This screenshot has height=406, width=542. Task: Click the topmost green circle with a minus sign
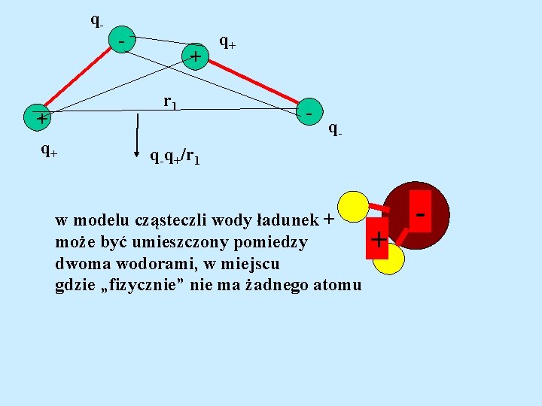[122, 41]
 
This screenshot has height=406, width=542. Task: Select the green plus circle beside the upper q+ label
[196, 56]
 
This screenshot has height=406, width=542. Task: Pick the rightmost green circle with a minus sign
[309, 111]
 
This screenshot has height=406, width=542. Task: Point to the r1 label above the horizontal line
[170, 101]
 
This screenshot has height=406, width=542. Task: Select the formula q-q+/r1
[174, 157]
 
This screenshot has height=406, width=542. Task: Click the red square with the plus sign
[378, 240]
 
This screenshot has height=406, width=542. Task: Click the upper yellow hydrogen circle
[353, 207]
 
